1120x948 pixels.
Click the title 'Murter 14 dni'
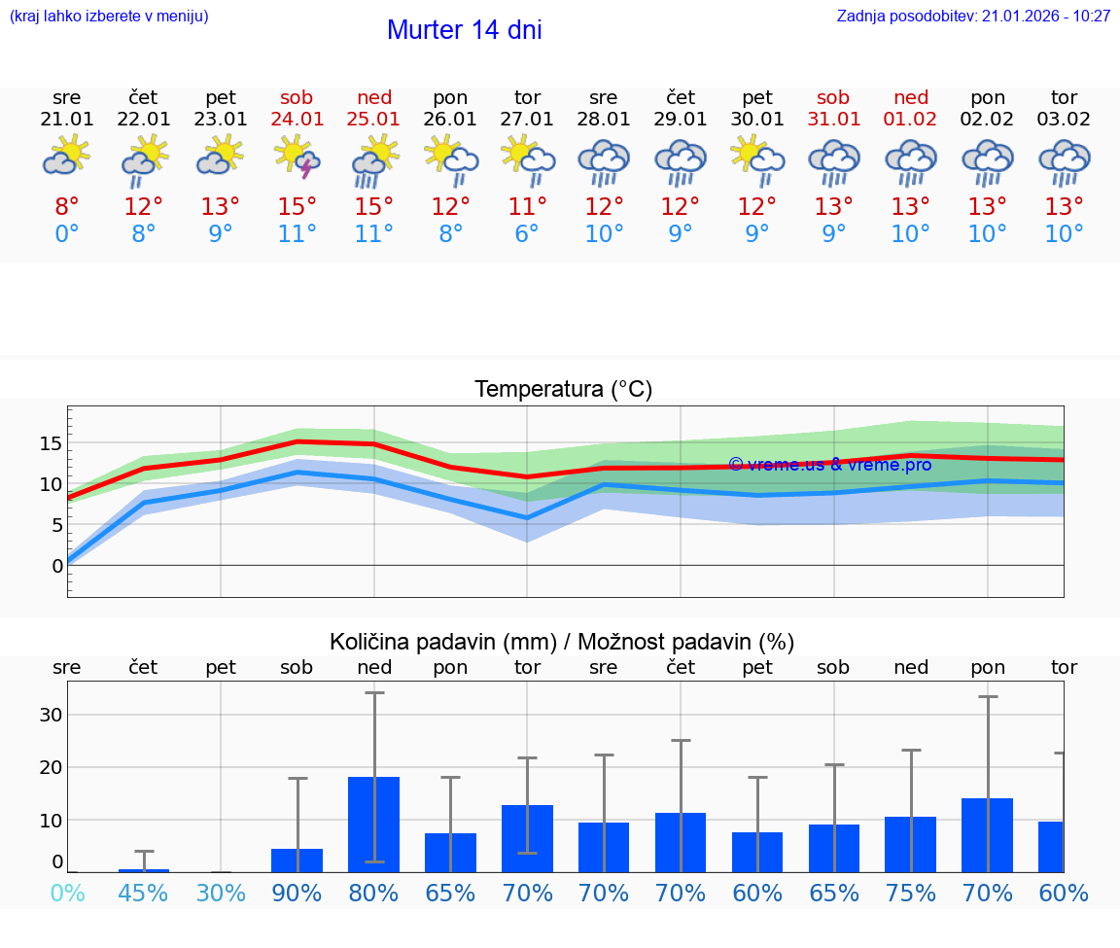[464, 30]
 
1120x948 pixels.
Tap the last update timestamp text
[973, 16]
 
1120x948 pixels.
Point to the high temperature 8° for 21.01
[66, 207]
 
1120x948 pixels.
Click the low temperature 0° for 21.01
[66, 234]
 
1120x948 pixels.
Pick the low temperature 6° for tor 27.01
[527, 234]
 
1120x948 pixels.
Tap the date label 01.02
[911, 120]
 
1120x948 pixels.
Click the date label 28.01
[604, 120]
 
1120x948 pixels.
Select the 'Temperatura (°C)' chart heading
[563, 390]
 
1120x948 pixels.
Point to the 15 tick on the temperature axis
[51, 443]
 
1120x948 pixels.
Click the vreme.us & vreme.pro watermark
[829, 465]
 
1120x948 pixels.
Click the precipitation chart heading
[562, 642]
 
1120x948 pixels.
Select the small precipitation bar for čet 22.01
[144, 869]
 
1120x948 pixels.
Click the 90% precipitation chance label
[297, 894]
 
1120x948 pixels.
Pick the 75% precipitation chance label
[911, 894]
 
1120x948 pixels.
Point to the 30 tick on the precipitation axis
[51, 715]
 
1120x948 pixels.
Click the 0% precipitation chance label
[66, 894]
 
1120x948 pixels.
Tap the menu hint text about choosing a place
[109, 16]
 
